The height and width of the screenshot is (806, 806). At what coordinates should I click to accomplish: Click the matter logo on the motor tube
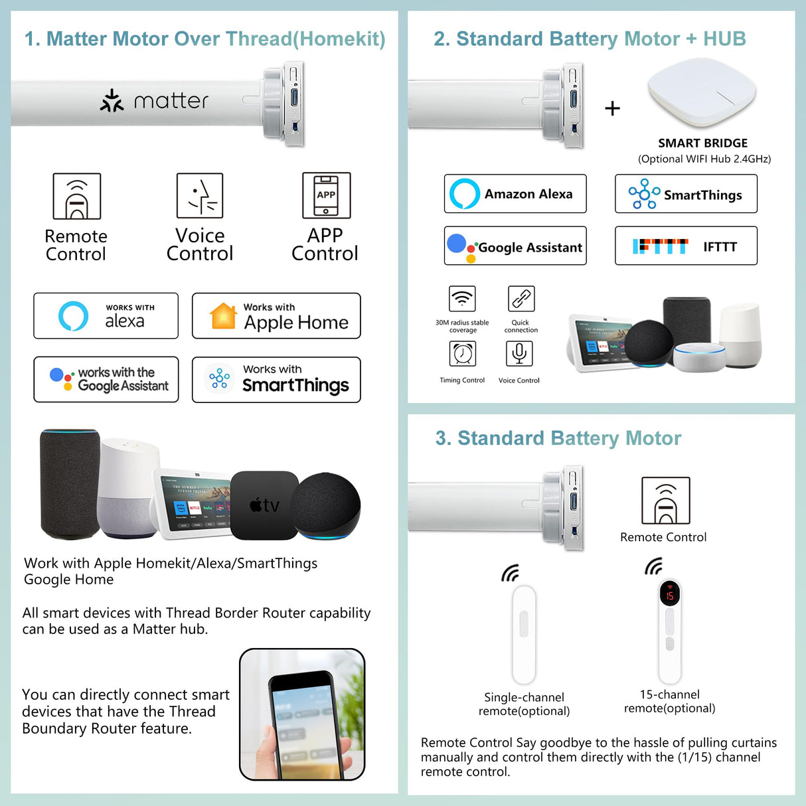click(x=154, y=101)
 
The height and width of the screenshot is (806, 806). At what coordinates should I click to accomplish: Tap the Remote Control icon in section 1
click(x=77, y=197)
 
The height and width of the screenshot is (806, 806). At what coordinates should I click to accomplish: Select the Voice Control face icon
click(x=200, y=195)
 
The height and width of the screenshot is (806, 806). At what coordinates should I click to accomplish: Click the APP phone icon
click(x=326, y=195)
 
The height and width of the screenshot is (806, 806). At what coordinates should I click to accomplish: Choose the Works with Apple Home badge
click(x=276, y=316)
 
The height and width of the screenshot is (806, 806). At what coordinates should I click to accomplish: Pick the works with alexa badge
click(x=106, y=316)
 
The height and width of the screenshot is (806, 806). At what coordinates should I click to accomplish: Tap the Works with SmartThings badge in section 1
click(x=276, y=380)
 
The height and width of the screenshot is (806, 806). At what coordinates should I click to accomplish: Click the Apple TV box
click(x=264, y=505)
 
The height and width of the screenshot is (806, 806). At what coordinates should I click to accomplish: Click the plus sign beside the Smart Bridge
click(x=613, y=108)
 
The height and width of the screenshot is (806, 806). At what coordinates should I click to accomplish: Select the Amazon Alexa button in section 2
click(x=515, y=194)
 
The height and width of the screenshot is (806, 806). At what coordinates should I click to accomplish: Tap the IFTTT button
click(x=686, y=246)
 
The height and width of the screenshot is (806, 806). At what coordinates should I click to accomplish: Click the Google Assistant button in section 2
click(x=515, y=246)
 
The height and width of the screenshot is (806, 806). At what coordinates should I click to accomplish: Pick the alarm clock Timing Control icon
click(x=463, y=353)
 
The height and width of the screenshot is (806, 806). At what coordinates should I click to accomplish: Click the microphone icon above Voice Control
click(x=519, y=353)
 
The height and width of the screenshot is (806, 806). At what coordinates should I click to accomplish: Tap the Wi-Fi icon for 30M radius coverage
click(x=462, y=299)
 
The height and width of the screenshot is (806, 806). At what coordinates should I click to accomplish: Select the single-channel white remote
click(x=524, y=634)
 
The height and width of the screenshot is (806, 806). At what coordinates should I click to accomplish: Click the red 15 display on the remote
click(x=669, y=595)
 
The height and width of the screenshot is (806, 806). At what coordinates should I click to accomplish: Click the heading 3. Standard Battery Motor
click(x=558, y=438)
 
